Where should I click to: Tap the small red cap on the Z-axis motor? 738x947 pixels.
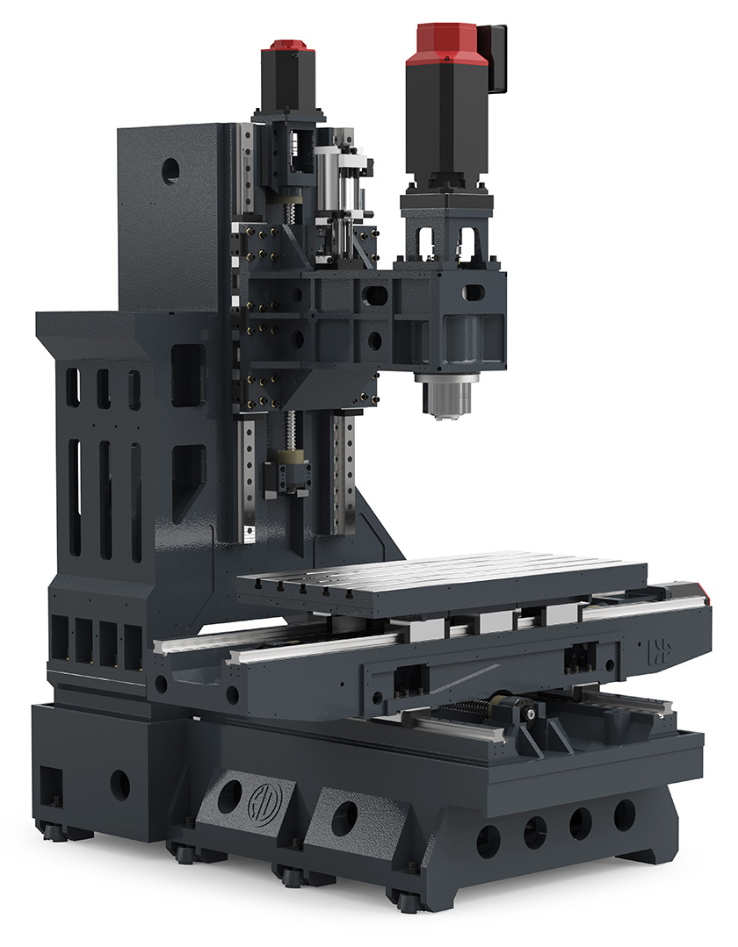[x=288, y=45]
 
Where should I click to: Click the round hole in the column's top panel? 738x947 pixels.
[x=170, y=170]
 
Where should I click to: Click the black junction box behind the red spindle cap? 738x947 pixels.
[x=496, y=58]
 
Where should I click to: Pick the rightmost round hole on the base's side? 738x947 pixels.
[x=625, y=814]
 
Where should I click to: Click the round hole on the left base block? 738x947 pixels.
[x=119, y=784]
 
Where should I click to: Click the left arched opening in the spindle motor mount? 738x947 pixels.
[x=430, y=240]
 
